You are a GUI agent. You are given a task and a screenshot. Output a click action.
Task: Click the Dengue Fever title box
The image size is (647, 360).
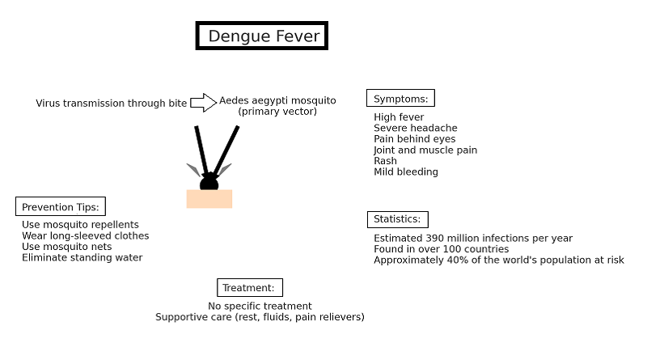tap(262, 36)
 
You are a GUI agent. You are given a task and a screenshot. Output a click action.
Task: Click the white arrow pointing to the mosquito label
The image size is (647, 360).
tap(203, 103)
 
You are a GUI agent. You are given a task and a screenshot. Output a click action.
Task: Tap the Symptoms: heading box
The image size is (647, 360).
tap(400, 99)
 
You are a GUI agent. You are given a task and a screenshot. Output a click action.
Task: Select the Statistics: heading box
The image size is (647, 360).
tap(397, 219)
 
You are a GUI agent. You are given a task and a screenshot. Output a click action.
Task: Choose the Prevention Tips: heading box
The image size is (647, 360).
tap(61, 207)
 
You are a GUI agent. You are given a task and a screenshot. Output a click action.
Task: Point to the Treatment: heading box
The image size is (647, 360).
tap(249, 288)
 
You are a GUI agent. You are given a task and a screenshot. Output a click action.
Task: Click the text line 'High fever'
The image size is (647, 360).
tap(399, 117)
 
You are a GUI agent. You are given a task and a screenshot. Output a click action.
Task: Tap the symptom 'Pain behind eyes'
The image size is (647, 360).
tap(414, 139)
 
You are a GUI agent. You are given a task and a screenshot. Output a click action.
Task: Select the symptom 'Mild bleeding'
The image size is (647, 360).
tap(405, 172)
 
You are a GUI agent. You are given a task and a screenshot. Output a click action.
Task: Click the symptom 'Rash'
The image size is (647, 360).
tap(385, 161)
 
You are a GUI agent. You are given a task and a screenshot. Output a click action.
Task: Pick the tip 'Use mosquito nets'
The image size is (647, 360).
tap(66, 247)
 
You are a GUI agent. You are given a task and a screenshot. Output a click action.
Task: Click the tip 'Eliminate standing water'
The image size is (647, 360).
tap(82, 258)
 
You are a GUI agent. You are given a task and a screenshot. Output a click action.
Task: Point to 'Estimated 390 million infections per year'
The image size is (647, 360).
tap(472, 239)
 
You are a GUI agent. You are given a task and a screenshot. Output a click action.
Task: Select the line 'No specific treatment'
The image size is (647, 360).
tap(260, 307)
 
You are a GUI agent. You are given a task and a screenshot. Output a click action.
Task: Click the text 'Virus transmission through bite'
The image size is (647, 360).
tap(111, 104)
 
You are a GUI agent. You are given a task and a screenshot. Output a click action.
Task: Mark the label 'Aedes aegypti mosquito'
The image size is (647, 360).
tap(277, 100)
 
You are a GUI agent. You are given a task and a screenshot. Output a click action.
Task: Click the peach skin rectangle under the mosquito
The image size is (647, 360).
tap(209, 199)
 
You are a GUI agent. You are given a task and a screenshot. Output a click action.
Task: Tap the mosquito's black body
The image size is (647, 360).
tap(209, 183)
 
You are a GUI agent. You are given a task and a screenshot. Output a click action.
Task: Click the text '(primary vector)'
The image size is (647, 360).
tap(277, 112)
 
